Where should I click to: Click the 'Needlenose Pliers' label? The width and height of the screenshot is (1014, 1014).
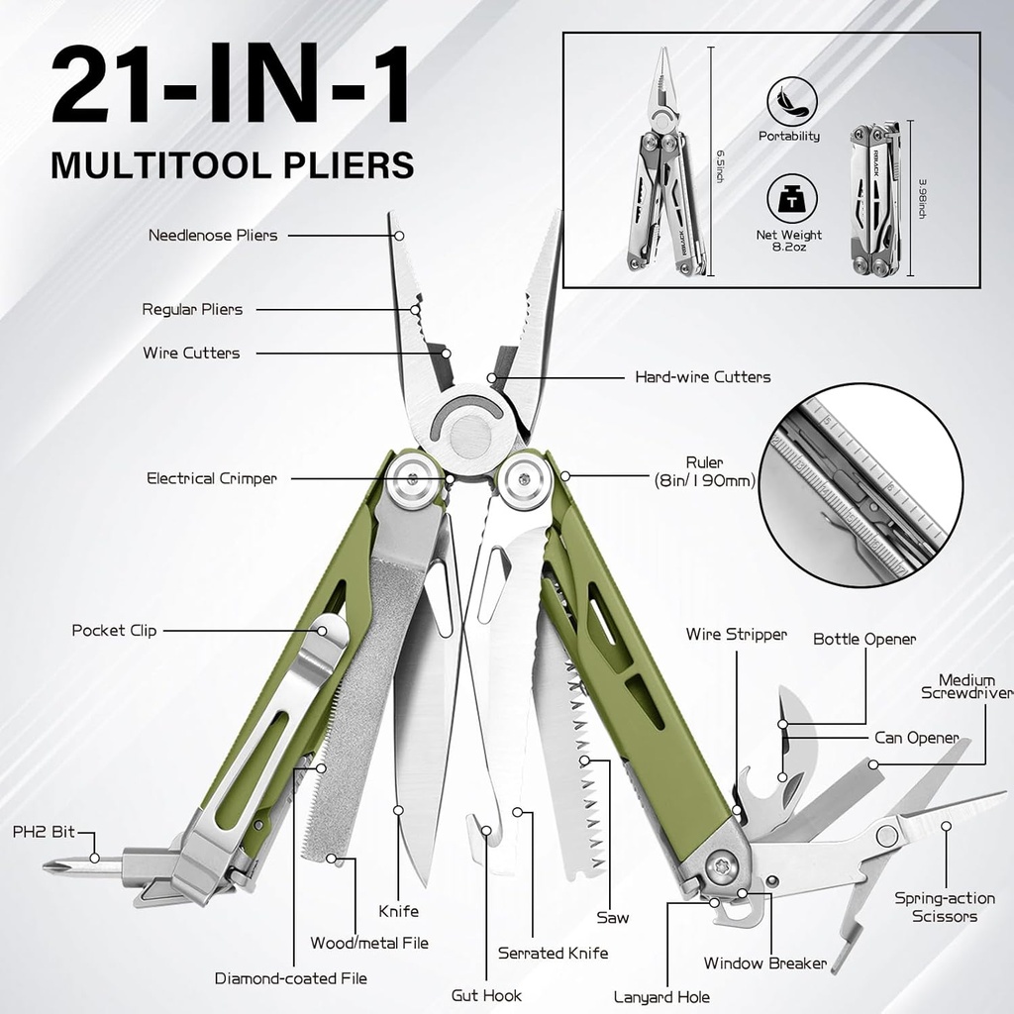point(213,236)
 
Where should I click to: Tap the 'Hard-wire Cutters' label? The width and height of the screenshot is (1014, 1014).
point(702,377)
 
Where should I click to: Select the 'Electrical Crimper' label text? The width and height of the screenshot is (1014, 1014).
point(212,479)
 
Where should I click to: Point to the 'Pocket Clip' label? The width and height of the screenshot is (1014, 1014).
point(114,631)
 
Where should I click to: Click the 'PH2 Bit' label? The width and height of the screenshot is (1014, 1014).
point(38,833)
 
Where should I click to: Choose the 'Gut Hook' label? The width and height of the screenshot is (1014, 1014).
point(486,995)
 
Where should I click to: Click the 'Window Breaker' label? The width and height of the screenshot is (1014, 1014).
point(764,963)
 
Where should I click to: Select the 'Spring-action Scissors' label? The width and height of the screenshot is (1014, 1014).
point(945,907)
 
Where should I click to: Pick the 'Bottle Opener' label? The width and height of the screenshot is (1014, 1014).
point(864,640)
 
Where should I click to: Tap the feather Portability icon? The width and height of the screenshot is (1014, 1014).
point(791,101)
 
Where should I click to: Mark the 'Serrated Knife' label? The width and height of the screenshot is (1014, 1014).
point(553,954)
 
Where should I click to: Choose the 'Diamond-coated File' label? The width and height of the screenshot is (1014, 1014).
point(291,978)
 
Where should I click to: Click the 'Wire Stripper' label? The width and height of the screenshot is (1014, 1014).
point(736,635)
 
